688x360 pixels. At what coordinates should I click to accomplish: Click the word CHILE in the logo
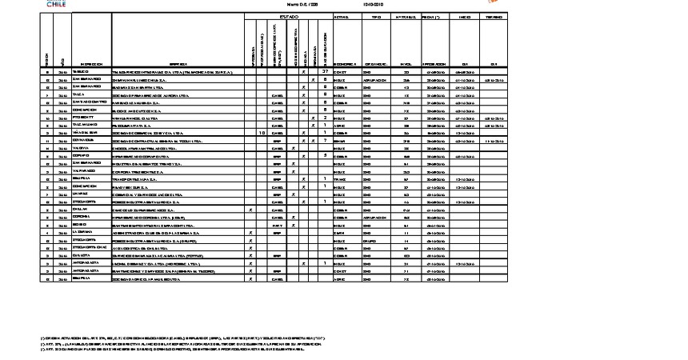tap(51, 4)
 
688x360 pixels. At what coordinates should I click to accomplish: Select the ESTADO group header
tap(288, 16)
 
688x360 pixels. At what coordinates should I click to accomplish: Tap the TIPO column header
tap(377, 16)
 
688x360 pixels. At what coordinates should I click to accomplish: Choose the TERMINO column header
tap(494, 16)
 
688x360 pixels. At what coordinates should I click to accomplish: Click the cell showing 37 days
tap(325, 72)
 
